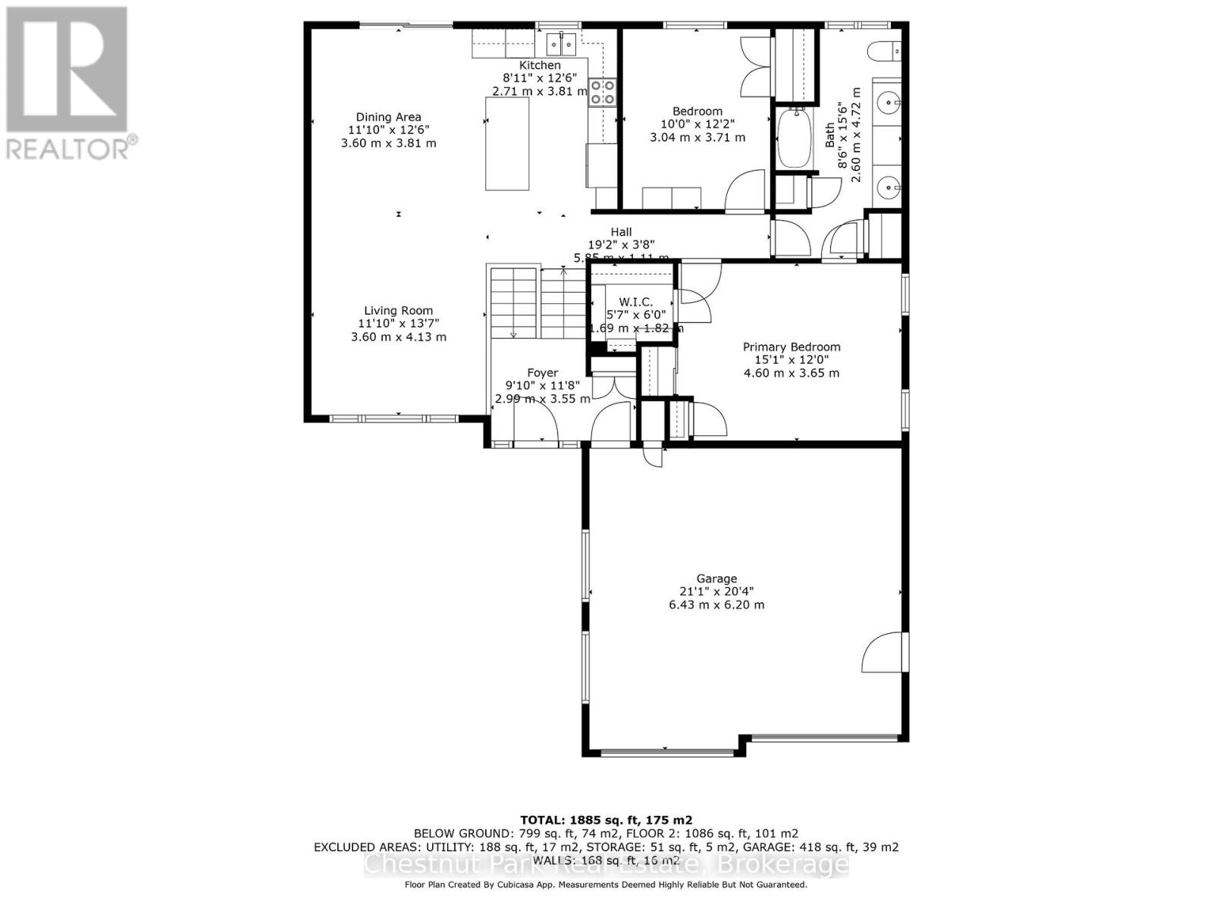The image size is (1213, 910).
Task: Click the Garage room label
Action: tap(716, 579)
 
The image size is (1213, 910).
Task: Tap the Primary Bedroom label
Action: tap(791, 347)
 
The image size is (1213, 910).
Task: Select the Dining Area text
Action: tap(388, 117)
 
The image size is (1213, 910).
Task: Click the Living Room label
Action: tap(398, 310)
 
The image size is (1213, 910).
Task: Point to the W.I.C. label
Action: tap(635, 302)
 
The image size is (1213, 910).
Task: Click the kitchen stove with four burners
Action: tap(603, 93)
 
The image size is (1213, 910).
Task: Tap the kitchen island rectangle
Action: tap(507, 143)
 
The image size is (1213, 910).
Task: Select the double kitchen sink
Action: tap(561, 45)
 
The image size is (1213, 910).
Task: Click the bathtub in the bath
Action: tap(794, 139)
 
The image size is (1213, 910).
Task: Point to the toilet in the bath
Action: tap(884, 51)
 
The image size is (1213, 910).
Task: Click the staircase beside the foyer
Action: tap(538, 303)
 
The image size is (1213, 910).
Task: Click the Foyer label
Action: tap(542, 372)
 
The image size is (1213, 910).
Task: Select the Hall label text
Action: tap(621, 232)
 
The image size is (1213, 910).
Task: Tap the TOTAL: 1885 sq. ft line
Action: tap(606, 820)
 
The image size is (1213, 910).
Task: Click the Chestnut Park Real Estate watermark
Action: tap(606, 864)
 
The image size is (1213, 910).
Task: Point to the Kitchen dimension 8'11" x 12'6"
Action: tap(540, 78)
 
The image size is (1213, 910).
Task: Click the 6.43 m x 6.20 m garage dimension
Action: tap(716, 604)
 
